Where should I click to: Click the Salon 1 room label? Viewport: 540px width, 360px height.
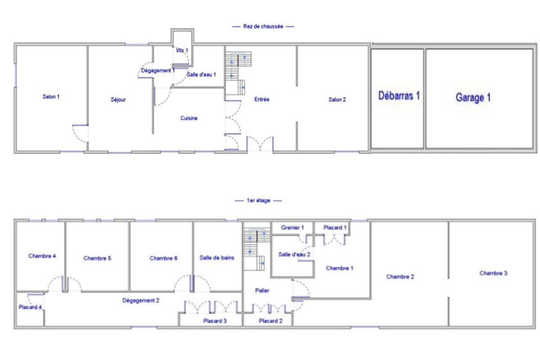click(51, 97)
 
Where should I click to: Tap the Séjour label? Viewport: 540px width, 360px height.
click(118, 99)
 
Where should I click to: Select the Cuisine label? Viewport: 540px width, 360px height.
click(189, 118)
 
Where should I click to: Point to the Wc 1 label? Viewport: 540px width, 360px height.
click(182, 50)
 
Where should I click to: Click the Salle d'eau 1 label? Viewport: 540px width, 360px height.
click(201, 75)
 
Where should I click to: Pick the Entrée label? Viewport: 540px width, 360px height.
click(262, 99)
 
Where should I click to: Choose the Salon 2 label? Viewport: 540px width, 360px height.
click(337, 99)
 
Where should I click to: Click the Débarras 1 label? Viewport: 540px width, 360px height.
click(399, 96)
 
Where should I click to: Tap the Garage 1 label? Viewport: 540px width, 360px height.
click(473, 98)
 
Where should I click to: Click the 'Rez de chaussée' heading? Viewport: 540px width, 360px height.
click(263, 26)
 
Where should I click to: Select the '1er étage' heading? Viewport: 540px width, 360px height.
click(258, 201)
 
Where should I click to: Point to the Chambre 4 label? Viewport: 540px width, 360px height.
click(42, 256)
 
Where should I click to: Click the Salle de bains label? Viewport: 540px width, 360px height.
click(217, 258)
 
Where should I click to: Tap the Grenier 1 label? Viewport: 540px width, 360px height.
click(292, 227)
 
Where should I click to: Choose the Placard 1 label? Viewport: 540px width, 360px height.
click(335, 227)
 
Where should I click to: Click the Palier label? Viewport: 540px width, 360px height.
click(262, 291)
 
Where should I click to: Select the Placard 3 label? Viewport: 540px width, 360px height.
click(215, 321)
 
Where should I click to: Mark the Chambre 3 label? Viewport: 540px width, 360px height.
click(494, 273)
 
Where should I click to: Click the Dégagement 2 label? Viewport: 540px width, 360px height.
click(141, 301)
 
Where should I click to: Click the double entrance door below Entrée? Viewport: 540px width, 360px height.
click(260, 144)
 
